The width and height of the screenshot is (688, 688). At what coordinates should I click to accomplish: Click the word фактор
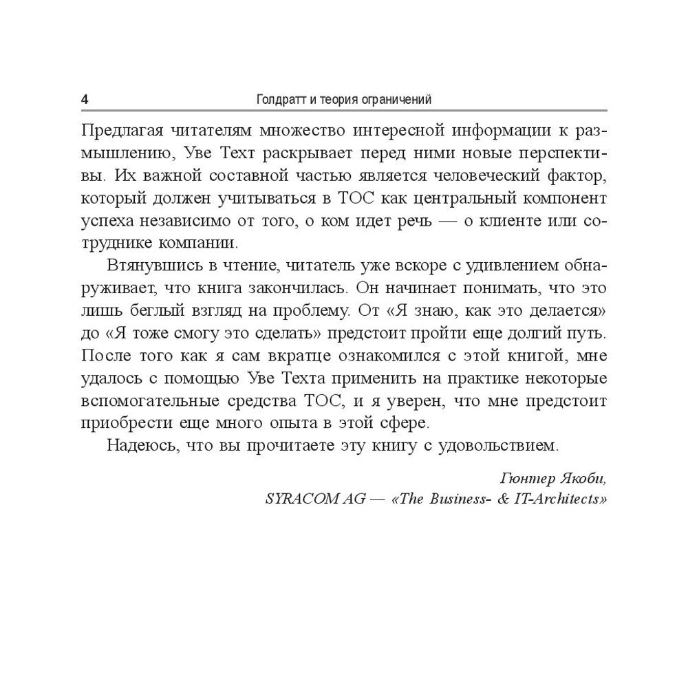point(580,175)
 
